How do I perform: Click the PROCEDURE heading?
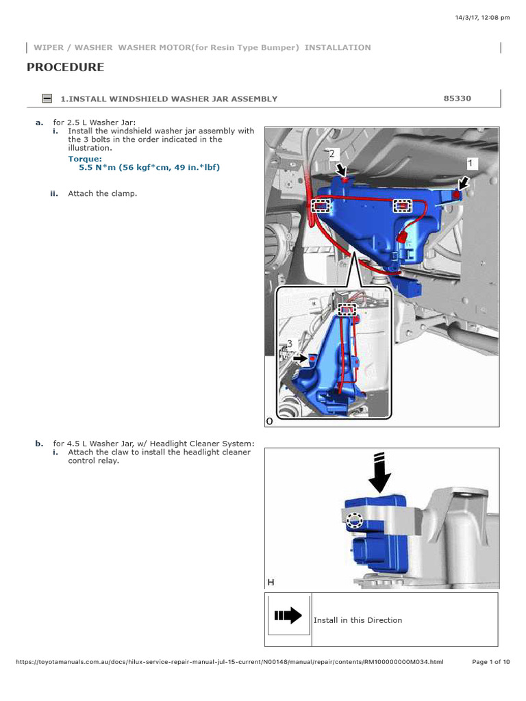click(x=66, y=67)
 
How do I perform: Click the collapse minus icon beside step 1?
click(x=47, y=99)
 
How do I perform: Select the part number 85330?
click(x=458, y=99)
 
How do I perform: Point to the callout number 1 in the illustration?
click(x=471, y=163)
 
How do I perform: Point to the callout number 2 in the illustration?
click(x=332, y=153)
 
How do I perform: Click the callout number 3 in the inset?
click(x=290, y=344)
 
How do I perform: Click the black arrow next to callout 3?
click(x=300, y=357)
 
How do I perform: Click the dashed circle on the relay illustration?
click(x=353, y=521)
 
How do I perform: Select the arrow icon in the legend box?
click(x=288, y=615)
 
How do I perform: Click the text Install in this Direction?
click(x=358, y=620)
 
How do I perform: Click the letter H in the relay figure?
click(x=271, y=582)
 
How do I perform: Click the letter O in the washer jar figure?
click(x=270, y=422)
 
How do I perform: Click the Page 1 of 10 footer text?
click(x=491, y=662)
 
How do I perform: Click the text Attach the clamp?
click(x=102, y=194)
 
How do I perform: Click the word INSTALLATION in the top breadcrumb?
click(x=338, y=48)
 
